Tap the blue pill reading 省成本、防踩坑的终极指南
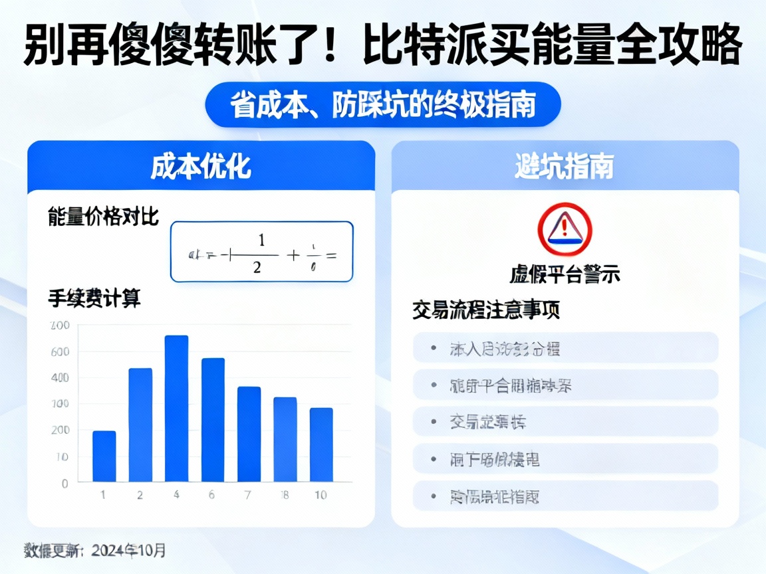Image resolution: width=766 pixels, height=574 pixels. (383, 105)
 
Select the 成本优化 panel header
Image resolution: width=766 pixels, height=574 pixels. (201, 167)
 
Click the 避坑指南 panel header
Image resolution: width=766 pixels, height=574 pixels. (565, 167)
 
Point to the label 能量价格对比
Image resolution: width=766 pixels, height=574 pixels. (103, 216)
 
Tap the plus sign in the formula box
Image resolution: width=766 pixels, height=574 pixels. (291, 254)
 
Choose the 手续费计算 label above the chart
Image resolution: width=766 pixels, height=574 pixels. (94, 298)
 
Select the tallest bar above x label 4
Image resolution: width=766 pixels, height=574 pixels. (176, 408)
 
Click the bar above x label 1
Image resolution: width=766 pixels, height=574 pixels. (104, 456)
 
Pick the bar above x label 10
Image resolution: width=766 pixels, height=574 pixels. (321, 444)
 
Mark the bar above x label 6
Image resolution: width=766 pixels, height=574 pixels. (213, 419)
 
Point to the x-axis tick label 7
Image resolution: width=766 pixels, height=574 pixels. (249, 495)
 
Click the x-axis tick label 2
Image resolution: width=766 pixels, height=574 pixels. (140, 495)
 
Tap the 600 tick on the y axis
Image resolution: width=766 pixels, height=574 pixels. (60, 352)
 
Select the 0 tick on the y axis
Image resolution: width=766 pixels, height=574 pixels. (64, 483)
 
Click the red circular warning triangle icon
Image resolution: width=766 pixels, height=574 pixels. (565, 229)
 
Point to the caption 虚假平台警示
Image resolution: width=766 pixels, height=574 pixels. (565, 274)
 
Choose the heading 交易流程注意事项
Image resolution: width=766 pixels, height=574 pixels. (485, 310)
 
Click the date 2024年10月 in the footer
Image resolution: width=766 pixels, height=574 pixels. (129, 550)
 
